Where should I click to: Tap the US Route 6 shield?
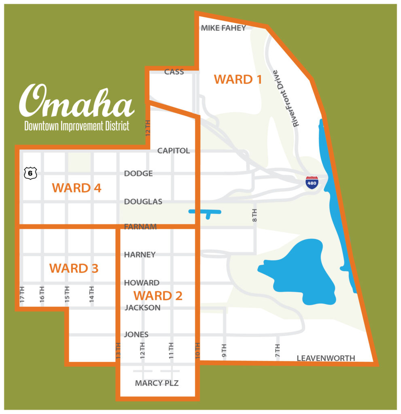30,173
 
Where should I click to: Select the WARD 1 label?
238,79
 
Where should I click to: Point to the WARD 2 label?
158,296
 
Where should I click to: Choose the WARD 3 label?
74,268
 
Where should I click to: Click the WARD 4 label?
76,188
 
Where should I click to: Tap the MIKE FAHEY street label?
223,28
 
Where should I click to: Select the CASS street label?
174,72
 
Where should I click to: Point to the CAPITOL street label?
173,151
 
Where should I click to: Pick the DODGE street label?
138,173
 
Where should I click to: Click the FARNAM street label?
140,227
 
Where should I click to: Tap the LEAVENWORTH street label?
326,358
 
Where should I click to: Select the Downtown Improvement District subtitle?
76,126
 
